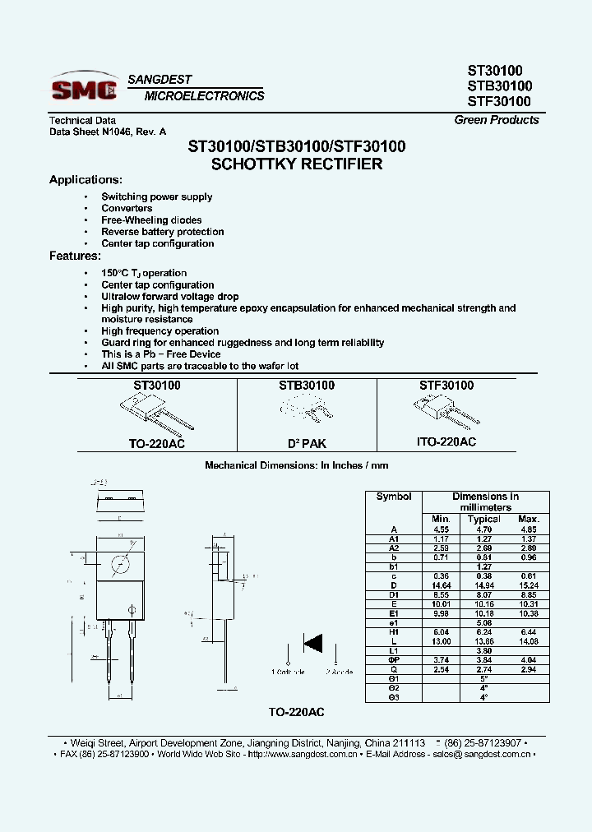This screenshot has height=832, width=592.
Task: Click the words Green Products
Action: [x=497, y=120]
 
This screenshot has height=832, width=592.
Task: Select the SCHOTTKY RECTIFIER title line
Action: [x=297, y=164]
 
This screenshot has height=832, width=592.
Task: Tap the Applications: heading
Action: [x=86, y=180]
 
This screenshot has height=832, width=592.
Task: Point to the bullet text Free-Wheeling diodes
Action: [x=151, y=220]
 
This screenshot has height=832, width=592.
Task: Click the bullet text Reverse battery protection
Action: [x=162, y=232]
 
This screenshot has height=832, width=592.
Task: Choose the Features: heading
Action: [x=75, y=256]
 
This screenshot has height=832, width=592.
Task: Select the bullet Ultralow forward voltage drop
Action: [x=169, y=297]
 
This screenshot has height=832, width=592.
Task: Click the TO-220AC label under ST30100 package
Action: [x=157, y=443]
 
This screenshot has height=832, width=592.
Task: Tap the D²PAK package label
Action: [x=307, y=443]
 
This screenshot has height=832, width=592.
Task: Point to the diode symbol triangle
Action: [x=312, y=641]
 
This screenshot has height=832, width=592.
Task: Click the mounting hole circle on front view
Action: [x=120, y=566]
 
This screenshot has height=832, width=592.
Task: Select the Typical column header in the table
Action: [x=483, y=519]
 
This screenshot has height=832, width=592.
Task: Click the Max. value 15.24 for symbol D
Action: [x=528, y=584]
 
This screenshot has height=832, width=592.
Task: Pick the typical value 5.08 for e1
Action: [x=483, y=623]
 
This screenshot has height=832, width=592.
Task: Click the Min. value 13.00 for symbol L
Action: [x=441, y=640]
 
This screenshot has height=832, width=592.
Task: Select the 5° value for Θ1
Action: [x=483, y=679]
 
